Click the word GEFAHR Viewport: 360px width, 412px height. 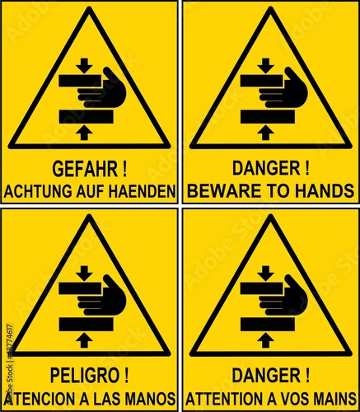pyautogui.click(x=85, y=169)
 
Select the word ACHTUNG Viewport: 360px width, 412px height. pyautogui.click(x=38, y=191)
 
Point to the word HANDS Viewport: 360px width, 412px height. pyautogui.click(x=326, y=191)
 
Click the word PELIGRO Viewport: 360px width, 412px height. pyautogui.click(x=84, y=376)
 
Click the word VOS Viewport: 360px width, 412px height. pyautogui.click(x=298, y=399)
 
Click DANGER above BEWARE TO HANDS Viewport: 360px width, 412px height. pyautogui.click(x=266, y=168)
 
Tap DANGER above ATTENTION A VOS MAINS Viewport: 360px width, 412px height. pyautogui.click(x=266, y=376)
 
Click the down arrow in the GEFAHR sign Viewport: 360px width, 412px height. pyautogui.click(x=84, y=66)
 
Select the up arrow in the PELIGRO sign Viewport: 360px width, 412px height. pyautogui.click(x=84, y=340)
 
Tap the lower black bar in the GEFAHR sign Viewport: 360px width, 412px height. pyautogui.click(x=86, y=116)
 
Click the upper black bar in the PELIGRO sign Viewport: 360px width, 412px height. pyautogui.click(x=80, y=288)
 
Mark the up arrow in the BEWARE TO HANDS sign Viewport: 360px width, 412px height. pyautogui.click(x=265, y=133)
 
